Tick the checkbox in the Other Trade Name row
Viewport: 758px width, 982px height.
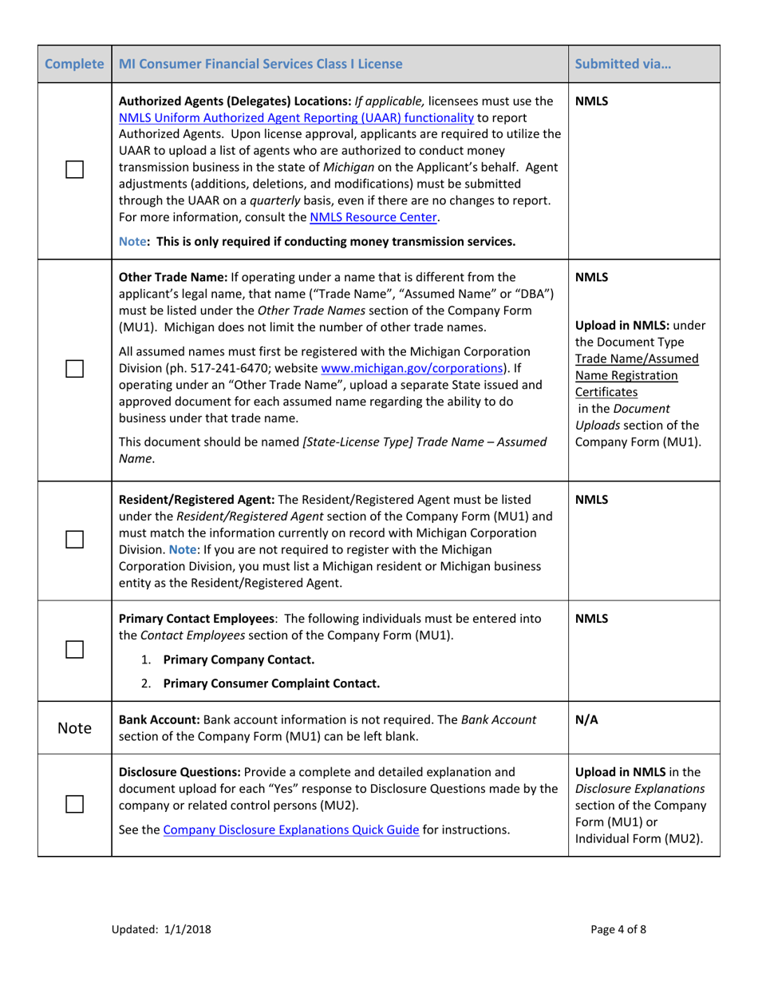pos(74,368)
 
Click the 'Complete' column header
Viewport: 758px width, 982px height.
pos(74,64)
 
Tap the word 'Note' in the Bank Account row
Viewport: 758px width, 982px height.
pos(74,728)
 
